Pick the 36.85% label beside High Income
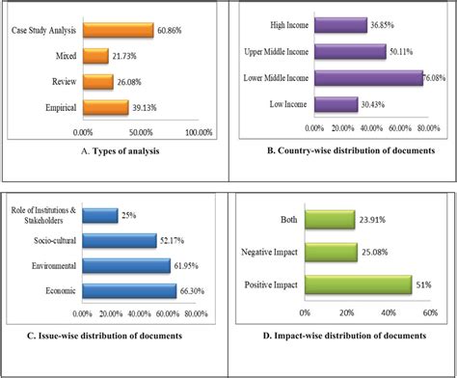click(x=386, y=25)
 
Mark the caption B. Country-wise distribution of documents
click(x=342, y=150)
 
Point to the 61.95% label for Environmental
click(x=189, y=264)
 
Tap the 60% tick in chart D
click(x=431, y=313)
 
